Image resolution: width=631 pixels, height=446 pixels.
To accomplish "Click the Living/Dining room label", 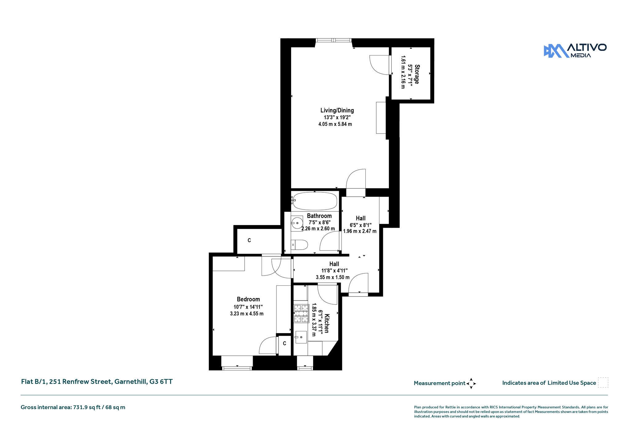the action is pyautogui.click(x=337, y=110).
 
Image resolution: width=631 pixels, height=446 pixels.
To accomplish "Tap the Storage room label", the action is pyautogui.click(x=417, y=74).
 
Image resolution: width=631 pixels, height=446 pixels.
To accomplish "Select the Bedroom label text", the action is pyautogui.click(x=248, y=299).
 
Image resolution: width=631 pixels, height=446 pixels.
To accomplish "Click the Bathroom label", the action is pyautogui.click(x=319, y=216).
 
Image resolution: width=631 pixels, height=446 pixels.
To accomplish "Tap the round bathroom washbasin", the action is pyautogui.click(x=297, y=223).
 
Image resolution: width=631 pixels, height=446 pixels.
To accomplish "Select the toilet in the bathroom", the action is pyautogui.click(x=299, y=245).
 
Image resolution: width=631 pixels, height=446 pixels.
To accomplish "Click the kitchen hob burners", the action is pyautogui.click(x=301, y=313).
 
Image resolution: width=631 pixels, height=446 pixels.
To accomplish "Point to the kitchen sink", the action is pyautogui.click(x=301, y=337).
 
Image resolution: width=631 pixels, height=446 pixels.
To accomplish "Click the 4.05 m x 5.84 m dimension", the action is pyautogui.click(x=335, y=124).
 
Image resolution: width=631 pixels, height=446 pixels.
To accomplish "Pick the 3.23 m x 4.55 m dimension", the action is pyautogui.click(x=247, y=314).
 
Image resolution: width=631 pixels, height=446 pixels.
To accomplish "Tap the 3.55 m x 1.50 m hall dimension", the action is pyautogui.click(x=333, y=277).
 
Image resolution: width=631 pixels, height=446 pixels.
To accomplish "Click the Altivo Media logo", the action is pyautogui.click(x=575, y=51).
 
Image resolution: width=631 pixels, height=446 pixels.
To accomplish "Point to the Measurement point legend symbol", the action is pyautogui.click(x=471, y=383).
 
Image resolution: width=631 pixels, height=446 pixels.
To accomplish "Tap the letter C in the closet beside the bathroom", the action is pyautogui.click(x=249, y=240).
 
